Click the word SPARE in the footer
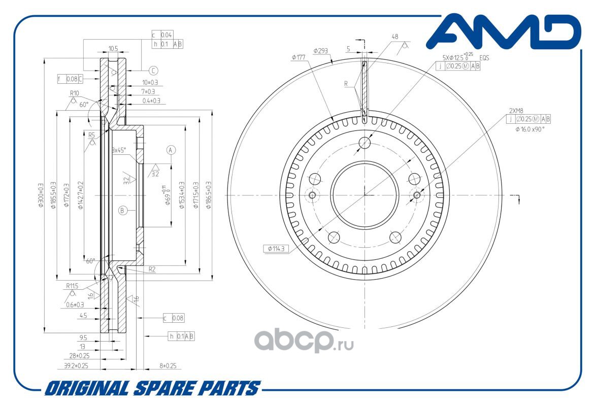pos(163,389)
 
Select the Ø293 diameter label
pos(320,51)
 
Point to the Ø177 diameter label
pos(298,57)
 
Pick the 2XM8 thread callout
pos(517,110)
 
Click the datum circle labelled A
pos(171,150)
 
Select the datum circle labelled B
pos(122,210)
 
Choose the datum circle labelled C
pos(153,71)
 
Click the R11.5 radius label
pos(72,286)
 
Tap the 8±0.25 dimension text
pos(168,365)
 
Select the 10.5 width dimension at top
pos(113,49)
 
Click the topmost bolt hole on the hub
pos(365,143)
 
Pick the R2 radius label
pos(152,269)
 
